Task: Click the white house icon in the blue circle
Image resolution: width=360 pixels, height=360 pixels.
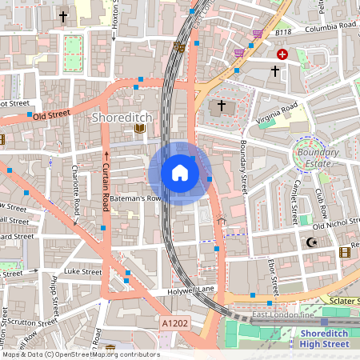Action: click(x=180, y=173)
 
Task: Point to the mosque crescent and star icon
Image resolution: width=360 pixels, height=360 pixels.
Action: click(x=312, y=242)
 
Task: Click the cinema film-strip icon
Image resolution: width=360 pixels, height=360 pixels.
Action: click(x=344, y=253)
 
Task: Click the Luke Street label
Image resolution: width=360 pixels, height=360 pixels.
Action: click(x=83, y=272)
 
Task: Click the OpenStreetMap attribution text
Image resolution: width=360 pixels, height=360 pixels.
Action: click(x=80, y=354)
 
